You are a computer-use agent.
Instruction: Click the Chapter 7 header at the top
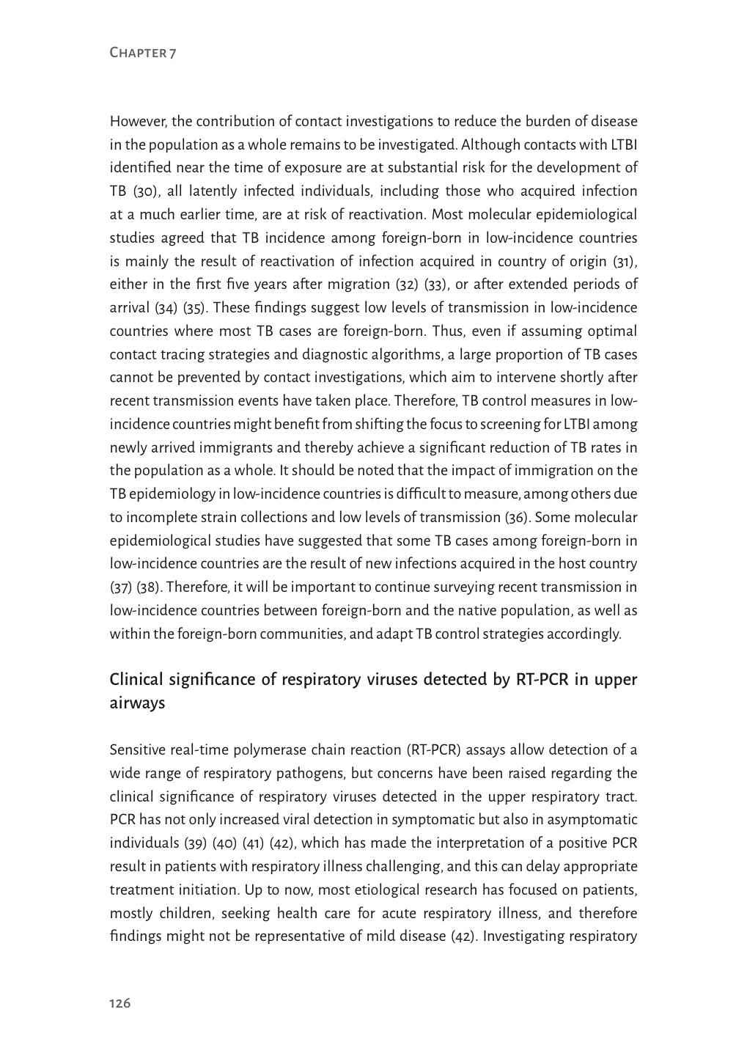143,53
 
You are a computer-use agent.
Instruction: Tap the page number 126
120,1003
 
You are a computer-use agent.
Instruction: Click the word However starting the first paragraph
136,121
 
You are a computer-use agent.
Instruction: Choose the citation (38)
150,587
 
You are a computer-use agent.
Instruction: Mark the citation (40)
224,843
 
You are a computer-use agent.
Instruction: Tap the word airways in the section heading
137,703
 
